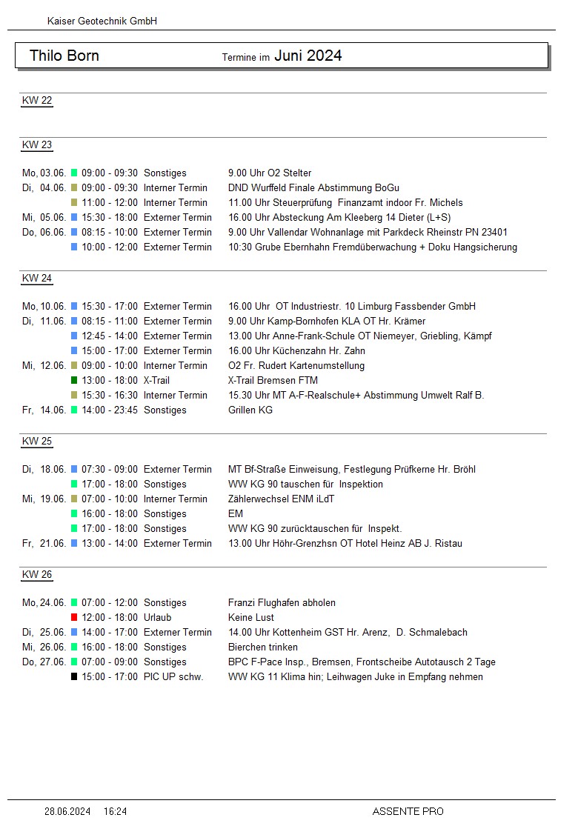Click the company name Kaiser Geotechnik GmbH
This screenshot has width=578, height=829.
[102, 21]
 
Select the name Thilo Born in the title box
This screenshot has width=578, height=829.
[64, 56]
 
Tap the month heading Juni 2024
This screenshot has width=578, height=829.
[308, 56]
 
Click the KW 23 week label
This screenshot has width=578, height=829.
[37, 145]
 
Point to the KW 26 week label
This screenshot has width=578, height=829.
[37, 575]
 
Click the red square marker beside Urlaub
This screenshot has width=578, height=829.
[74, 618]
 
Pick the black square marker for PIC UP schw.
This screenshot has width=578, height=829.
[74, 677]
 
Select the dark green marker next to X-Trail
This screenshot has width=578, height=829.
[74, 381]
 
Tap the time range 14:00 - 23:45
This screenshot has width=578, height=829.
[110, 410]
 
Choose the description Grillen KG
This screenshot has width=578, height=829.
[250, 410]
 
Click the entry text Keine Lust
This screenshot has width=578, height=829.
[251, 618]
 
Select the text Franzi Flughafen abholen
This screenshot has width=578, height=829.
[282, 603]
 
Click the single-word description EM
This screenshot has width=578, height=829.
[236, 514]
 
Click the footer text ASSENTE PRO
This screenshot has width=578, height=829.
[408, 812]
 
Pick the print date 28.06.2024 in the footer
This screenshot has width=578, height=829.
[67, 812]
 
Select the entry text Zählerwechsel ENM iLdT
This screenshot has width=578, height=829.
[281, 499]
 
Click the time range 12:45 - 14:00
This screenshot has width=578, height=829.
[110, 336]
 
